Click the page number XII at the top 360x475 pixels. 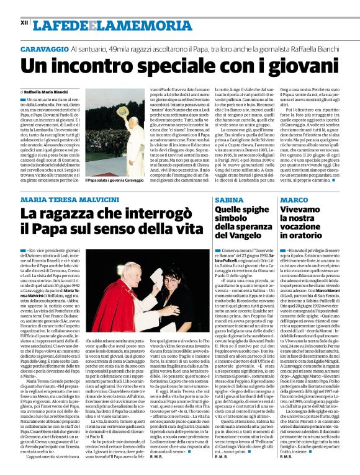coord(24,22)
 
